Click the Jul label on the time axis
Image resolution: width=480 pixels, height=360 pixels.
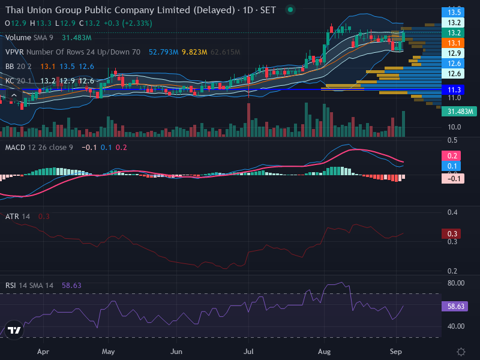click(248, 352)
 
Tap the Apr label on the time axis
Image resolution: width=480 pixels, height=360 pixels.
click(43, 352)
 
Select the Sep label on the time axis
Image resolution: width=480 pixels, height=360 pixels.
click(395, 352)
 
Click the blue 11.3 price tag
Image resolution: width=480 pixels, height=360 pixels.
click(453, 89)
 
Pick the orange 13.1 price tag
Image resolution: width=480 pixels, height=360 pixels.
click(453, 43)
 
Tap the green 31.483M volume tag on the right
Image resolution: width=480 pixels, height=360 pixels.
click(459, 112)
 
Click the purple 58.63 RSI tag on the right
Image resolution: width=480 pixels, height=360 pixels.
click(455, 306)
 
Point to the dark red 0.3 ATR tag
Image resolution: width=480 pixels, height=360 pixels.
click(452, 234)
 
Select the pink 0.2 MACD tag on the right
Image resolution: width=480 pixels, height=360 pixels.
click(452, 156)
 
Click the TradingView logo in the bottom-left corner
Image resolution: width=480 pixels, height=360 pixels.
click(14, 330)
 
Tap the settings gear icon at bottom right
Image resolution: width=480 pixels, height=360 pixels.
click(461, 352)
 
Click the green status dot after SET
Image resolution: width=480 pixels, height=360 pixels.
click(290, 10)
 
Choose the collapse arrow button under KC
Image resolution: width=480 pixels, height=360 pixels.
click(14, 95)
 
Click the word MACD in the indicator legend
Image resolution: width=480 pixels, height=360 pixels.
click(15, 148)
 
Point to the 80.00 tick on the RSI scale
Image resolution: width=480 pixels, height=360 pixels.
click(456, 283)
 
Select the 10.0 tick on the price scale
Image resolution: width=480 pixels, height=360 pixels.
click(454, 127)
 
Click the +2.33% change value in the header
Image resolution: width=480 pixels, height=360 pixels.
click(137, 23)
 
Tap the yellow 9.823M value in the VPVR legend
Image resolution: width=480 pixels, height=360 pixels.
click(194, 52)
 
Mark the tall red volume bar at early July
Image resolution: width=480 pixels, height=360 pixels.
click(248, 120)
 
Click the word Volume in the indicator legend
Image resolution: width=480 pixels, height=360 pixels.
click(18, 38)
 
